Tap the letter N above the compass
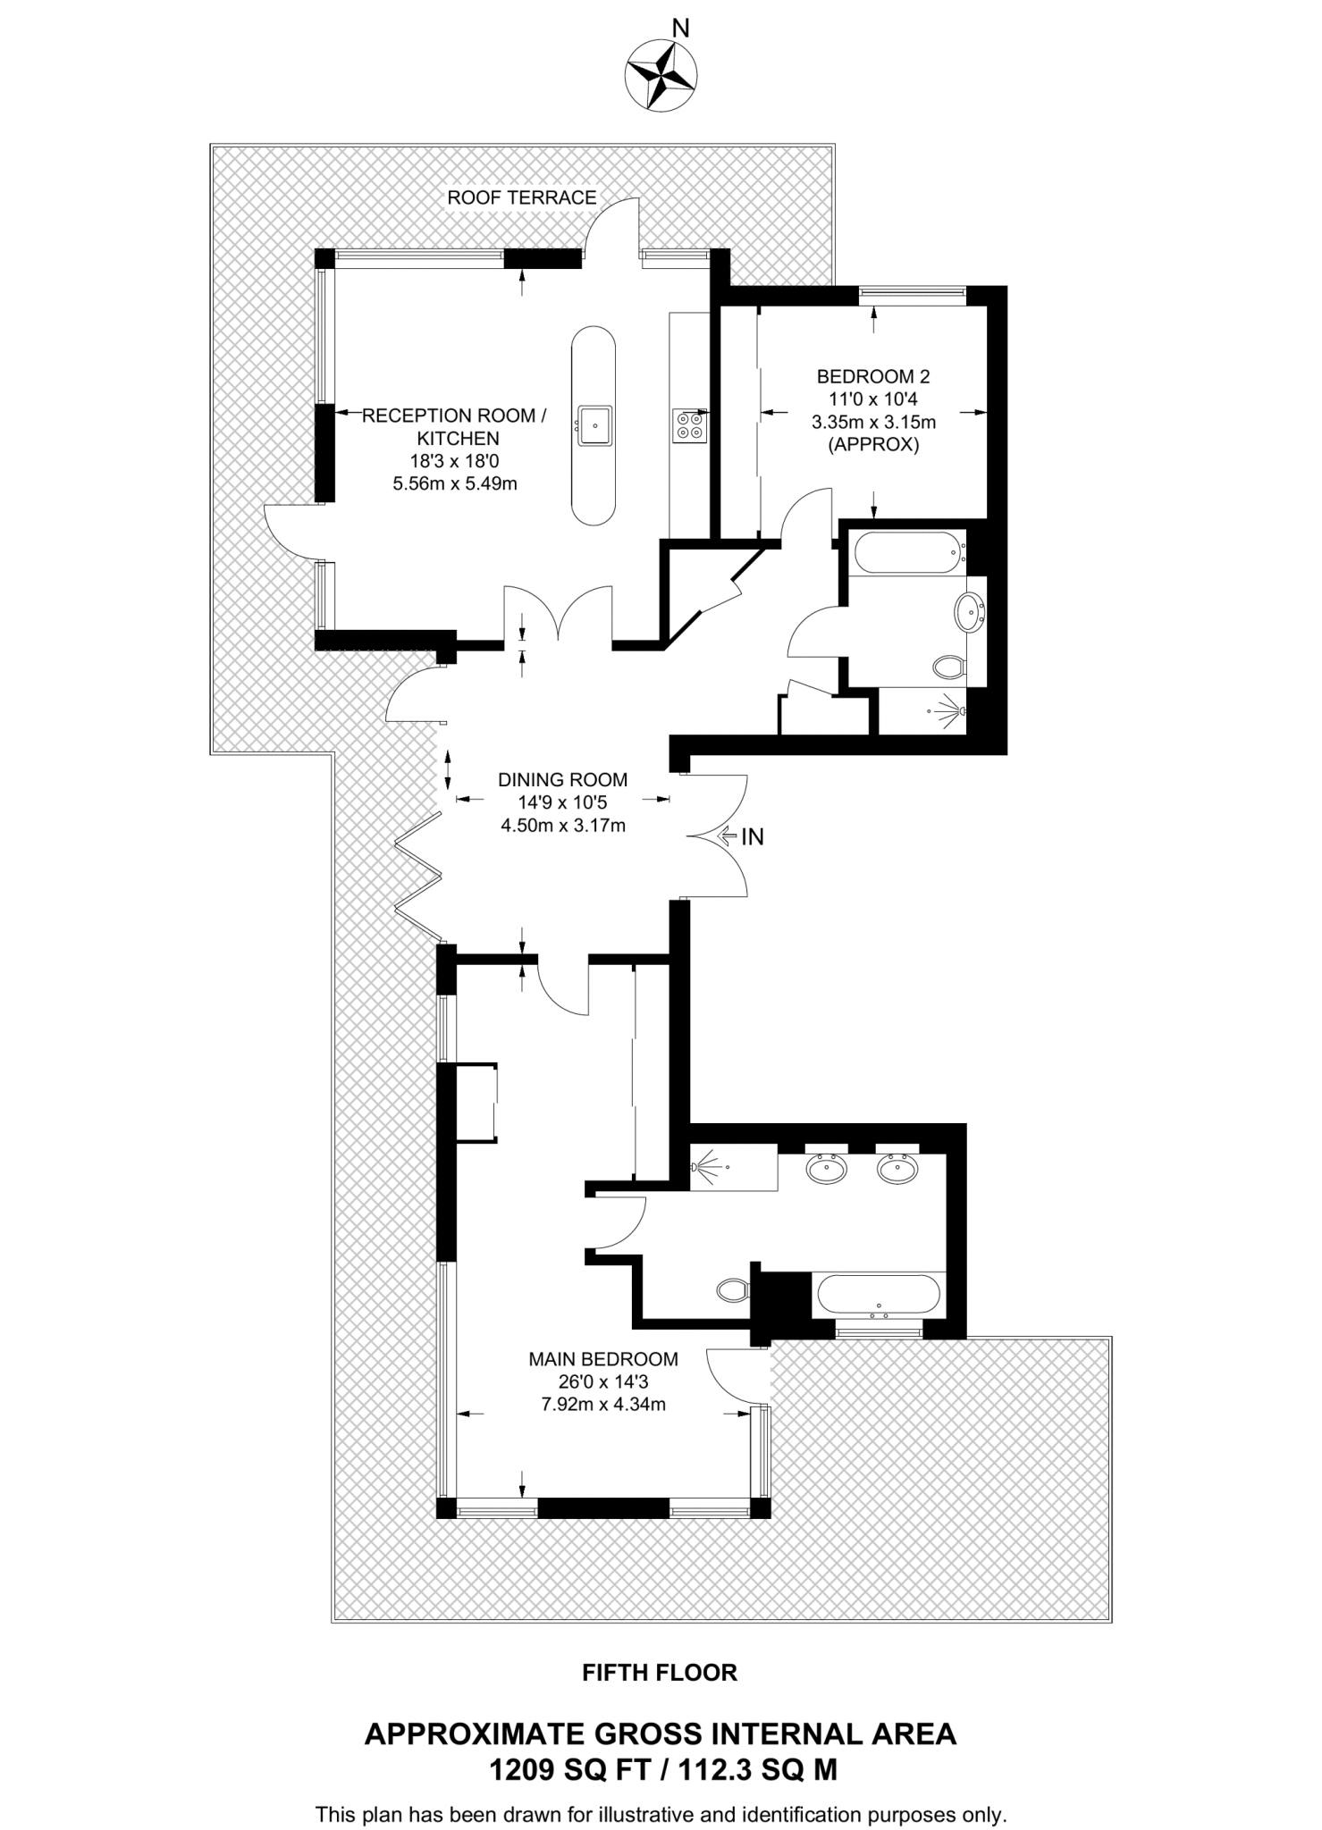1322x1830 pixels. [x=680, y=29]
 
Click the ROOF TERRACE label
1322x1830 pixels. [x=522, y=197]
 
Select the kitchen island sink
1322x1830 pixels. [x=594, y=424]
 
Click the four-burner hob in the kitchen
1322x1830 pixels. [x=689, y=424]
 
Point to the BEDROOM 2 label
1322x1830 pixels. [x=873, y=376]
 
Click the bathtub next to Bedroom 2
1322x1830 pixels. [x=905, y=551]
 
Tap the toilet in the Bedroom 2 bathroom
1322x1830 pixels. [x=949, y=666]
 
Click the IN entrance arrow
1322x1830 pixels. [x=741, y=836]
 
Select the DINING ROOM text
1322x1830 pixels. [x=562, y=779]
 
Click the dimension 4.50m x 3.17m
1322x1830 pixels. [x=562, y=826]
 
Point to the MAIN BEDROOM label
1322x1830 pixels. [x=603, y=1359]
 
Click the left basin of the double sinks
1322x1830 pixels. [x=827, y=1169]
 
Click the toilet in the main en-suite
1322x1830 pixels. [x=733, y=1289]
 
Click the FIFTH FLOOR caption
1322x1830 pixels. [x=660, y=1673]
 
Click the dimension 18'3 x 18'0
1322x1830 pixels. [x=455, y=461]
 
